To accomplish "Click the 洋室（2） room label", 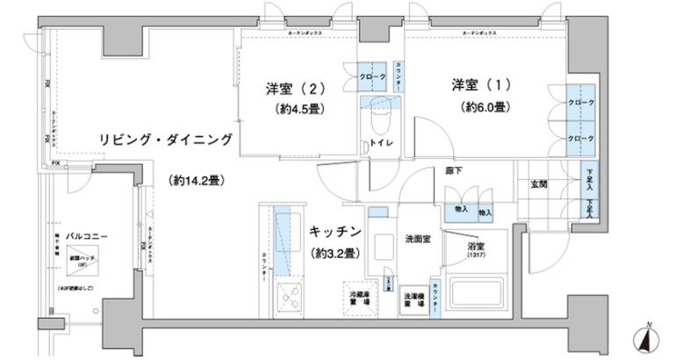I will tap(296, 89).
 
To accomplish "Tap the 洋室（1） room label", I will tap(481, 84).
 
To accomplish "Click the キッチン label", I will tap(334, 232).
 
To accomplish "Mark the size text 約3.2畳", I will tap(334, 255).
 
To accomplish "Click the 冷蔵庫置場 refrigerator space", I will tap(357, 298).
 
